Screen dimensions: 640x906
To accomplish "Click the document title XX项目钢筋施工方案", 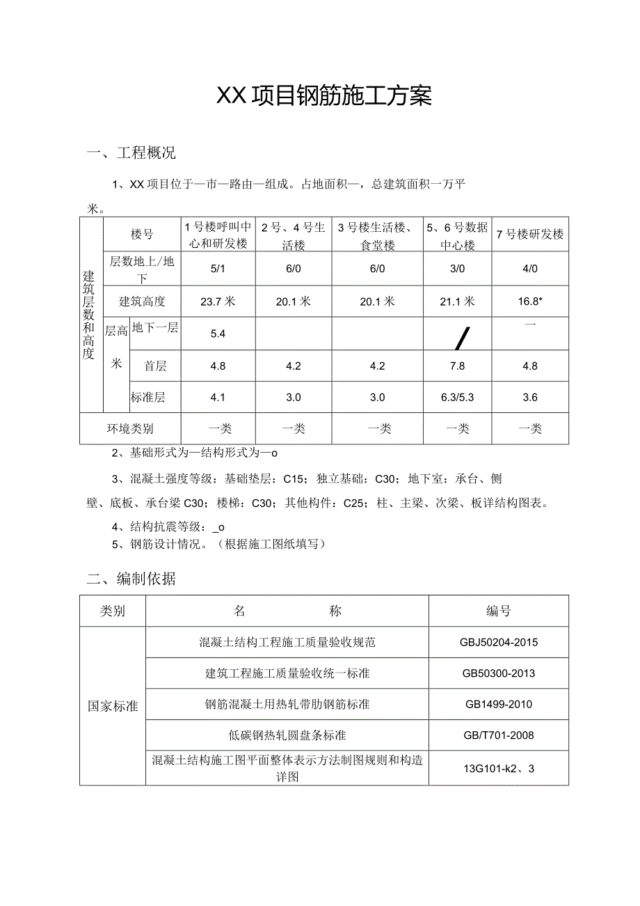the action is point(324,96).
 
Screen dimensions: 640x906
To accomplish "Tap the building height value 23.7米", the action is point(218,301).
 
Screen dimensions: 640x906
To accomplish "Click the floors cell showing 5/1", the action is point(218,269).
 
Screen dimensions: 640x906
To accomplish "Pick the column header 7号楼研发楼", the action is point(530,234).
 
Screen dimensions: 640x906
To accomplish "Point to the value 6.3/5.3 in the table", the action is point(457,398).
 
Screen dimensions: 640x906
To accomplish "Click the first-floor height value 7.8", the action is point(457,366).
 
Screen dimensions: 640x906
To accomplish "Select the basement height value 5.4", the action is point(218,334).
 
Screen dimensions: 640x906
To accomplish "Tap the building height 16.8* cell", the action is point(530,301).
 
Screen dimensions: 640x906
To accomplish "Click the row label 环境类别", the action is point(130,428).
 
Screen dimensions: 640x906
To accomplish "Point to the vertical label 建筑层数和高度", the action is point(89,315).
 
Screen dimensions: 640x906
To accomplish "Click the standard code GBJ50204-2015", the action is point(498,642).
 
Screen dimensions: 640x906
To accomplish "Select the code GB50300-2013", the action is point(498,673).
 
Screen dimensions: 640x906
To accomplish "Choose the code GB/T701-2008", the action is point(498,735).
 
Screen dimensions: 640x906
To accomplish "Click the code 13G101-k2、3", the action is point(498,769).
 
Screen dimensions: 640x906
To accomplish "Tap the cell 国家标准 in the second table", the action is point(113,706).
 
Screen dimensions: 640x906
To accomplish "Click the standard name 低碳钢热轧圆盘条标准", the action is point(287,735).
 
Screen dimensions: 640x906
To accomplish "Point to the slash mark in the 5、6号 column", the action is point(460,339).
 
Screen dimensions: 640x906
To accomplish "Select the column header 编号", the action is point(498,611).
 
